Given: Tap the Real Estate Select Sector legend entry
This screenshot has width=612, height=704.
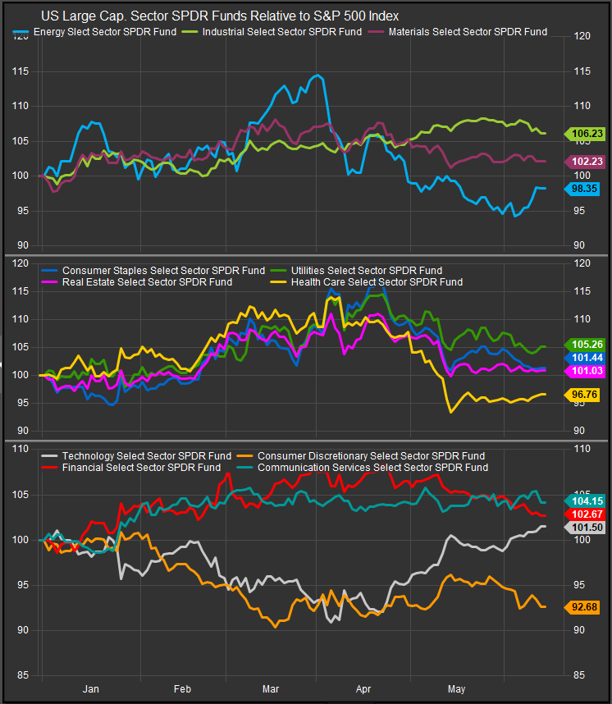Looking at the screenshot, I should click(x=146, y=281).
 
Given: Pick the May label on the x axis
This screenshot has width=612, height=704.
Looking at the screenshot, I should click(x=454, y=689).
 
